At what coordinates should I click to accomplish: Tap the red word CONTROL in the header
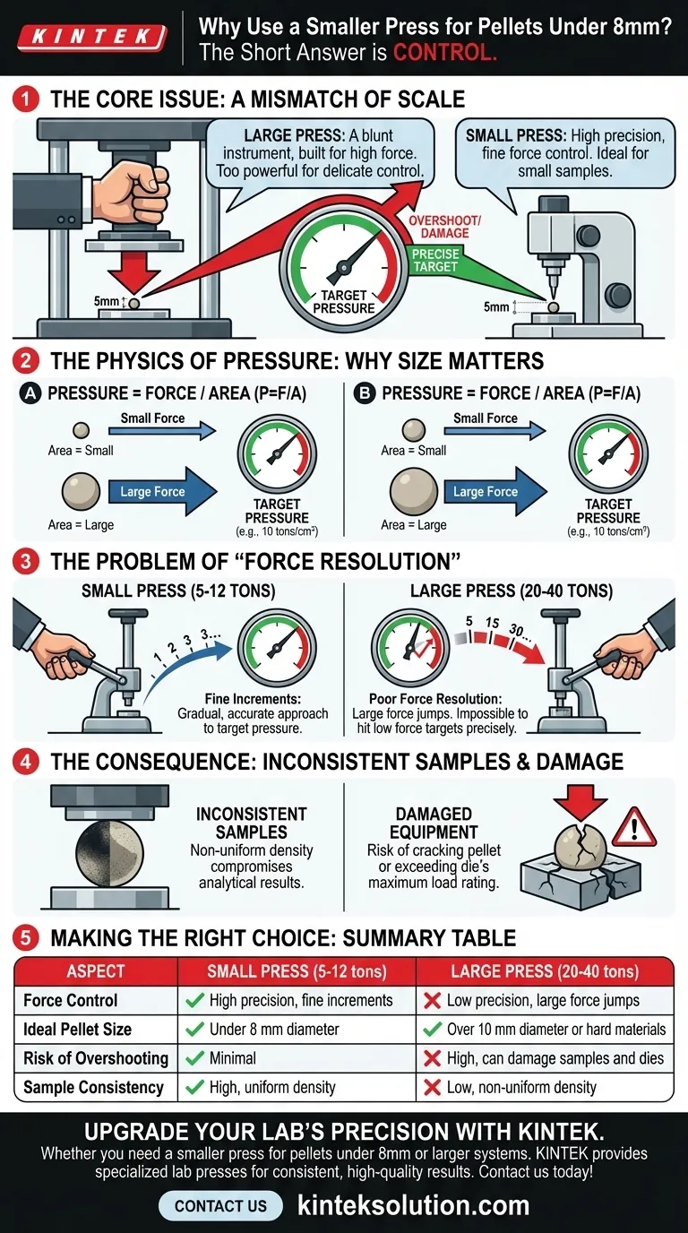coord(444,53)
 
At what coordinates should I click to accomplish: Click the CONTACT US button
coord(220,1205)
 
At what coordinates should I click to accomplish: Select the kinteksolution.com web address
coord(413,1205)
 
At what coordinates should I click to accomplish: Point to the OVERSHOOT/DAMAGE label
coord(445,226)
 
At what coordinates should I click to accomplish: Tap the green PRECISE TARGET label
coord(434,260)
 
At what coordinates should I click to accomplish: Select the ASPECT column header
coord(96,971)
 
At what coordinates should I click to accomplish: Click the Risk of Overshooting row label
coord(96,1058)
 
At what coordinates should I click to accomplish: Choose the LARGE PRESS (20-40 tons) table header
coord(545,971)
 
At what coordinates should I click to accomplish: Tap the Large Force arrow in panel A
coord(163,491)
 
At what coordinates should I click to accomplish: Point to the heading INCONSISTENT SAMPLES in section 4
coord(251,823)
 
